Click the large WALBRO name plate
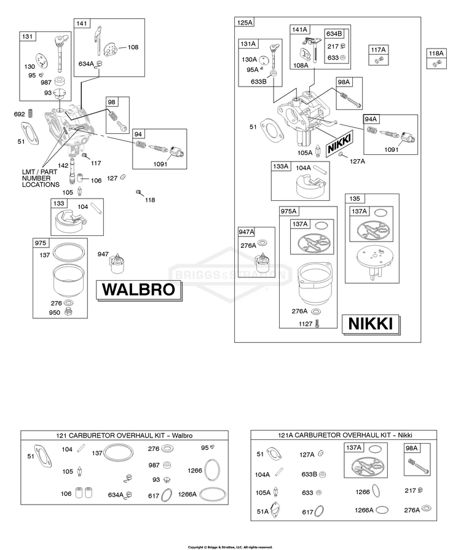point(139,289)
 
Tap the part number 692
point(19,114)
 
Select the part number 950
point(55,312)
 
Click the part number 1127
point(305,324)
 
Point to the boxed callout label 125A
point(245,23)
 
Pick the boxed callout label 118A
point(436,53)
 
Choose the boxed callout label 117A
point(378,50)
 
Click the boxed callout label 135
point(355,198)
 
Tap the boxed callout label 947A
point(246,232)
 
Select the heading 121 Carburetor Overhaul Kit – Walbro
point(125,435)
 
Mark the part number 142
point(63,165)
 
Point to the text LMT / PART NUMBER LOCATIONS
point(41,178)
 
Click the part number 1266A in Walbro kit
point(187,494)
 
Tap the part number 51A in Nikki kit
point(263,511)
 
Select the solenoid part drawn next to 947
point(117,264)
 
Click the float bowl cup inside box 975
point(68,281)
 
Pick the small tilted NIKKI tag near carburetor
point(339,144)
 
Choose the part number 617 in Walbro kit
point(154,496)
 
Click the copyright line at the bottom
point(230,547)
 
